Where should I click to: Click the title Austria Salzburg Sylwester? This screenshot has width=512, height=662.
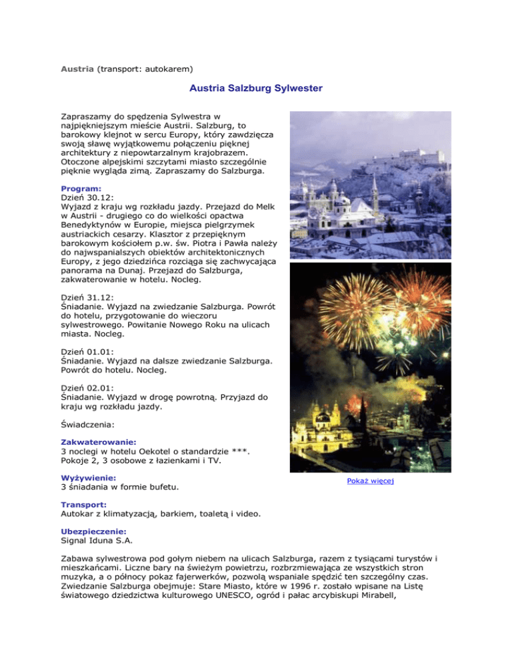pos(255,88)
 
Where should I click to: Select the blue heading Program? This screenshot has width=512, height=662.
pos(81,188)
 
